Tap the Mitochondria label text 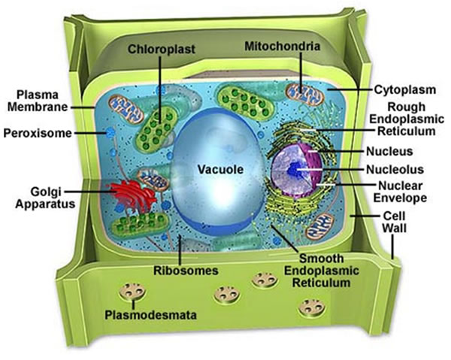point(283,47)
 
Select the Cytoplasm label point(403,89)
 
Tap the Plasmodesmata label point(153,316)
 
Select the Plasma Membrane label point(37,103)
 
